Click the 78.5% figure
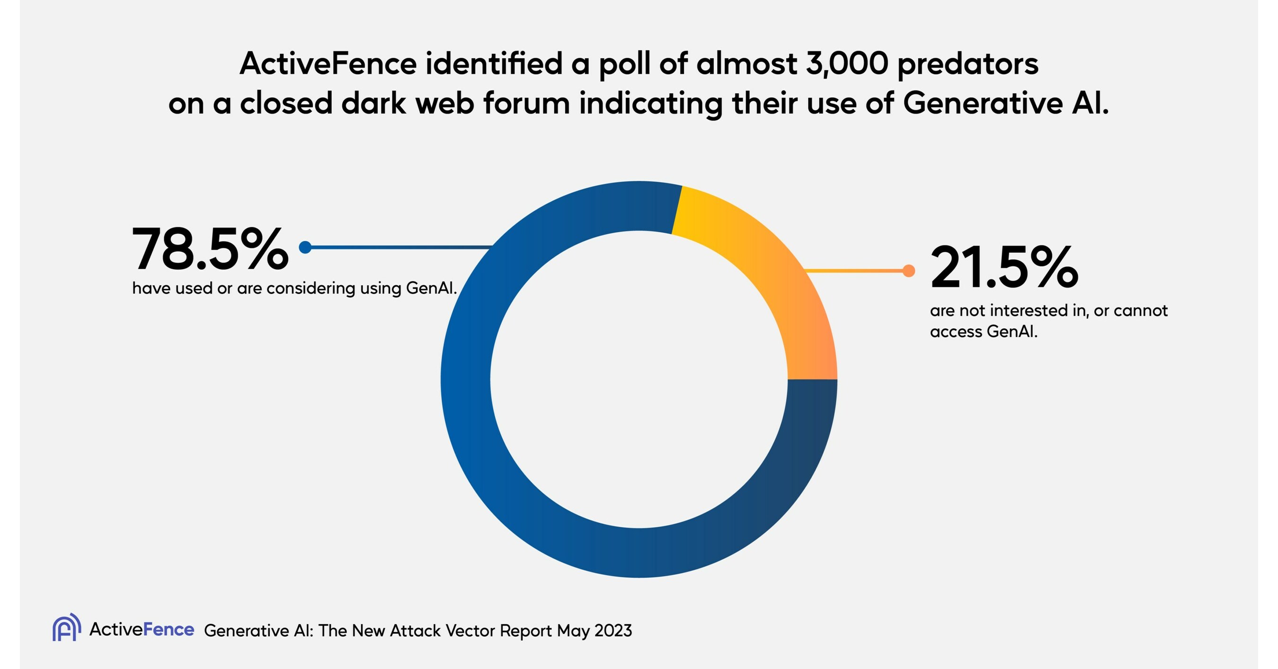(209, 249)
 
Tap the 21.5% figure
(1003, 268)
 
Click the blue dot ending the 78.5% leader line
(305, 247)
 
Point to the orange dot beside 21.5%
(909, 271)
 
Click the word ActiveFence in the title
(328, 64)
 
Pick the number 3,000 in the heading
(846, 64)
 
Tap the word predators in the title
(967, 64)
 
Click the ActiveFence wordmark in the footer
(142, 629)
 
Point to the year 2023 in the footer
(613, 631)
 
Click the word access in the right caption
(956, 331)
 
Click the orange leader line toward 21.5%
(853, 271)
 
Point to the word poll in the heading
(625, 64)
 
